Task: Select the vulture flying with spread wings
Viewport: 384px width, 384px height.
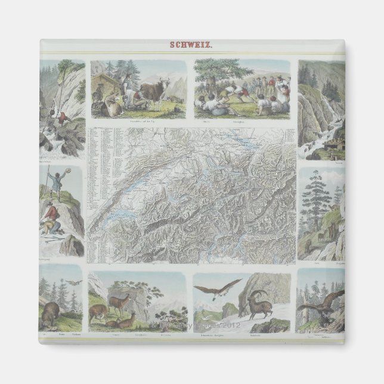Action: [x=221, y=290]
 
